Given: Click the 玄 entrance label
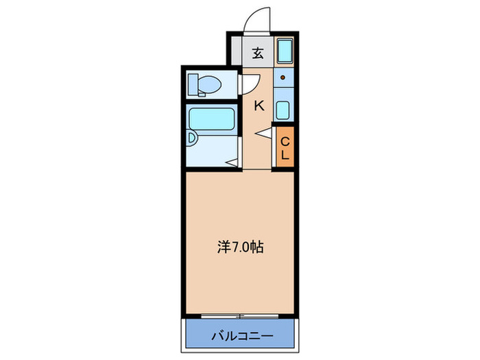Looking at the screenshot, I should coord(257,53).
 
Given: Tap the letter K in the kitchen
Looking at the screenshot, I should coord(259,106).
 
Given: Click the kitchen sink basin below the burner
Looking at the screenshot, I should coord(283,109).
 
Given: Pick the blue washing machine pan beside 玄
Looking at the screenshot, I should coord(285,51).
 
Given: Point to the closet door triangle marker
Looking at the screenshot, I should coord(265,133).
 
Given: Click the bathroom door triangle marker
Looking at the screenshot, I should coord(233,163).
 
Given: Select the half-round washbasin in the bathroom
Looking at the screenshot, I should coord(193,139).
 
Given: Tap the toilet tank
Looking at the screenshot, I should coord(193,84).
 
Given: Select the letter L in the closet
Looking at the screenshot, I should coord(285,154).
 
